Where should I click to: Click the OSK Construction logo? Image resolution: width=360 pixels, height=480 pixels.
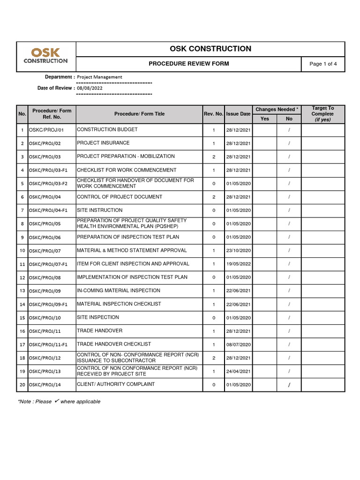(x=46, y=56)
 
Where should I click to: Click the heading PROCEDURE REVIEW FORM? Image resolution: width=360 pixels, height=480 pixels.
(x=188, y=64)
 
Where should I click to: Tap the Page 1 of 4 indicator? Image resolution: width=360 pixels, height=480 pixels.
(x=323, y=64)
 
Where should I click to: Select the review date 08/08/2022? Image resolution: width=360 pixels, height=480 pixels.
(x=90, y=88)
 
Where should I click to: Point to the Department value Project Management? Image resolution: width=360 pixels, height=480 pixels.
(x=99, y=77)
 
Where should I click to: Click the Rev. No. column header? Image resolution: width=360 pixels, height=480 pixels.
(x=213, y=114)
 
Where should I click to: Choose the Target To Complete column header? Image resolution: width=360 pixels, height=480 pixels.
(x=322, y=114)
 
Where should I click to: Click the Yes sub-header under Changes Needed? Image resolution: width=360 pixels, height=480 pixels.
(x=265, y=119)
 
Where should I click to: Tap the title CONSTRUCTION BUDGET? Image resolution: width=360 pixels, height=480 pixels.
(x=107, y=129)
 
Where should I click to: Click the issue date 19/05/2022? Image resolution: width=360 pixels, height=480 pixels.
(x=238, y=264)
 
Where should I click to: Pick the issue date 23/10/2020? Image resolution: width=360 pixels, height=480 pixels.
(x=238, y=251)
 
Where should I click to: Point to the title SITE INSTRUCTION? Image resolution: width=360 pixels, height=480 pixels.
(x=99, y=210)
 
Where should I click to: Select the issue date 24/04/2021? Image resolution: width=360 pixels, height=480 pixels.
(x=238, y=372)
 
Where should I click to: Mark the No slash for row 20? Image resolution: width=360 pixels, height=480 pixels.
(x=289, y=385)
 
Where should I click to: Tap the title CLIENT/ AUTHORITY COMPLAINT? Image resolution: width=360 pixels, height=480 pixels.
(x=115, y=384)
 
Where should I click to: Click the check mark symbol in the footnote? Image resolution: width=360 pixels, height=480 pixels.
(x=56, y=401)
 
